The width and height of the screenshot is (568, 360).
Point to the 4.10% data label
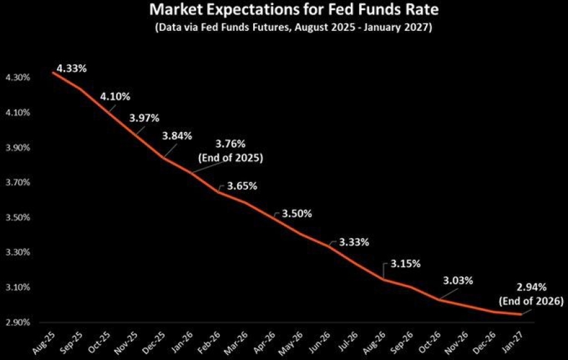[x=115, y=97]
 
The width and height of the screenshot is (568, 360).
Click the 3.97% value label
[x=145, y=117]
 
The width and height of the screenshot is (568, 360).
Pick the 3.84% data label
[x=177, y=136]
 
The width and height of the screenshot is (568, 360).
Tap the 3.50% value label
[x=297, y=213]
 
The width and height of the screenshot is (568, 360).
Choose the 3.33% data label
[x=354, y=242]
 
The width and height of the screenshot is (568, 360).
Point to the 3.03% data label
[x=458, y=280]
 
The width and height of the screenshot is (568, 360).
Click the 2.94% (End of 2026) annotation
[x=531, y=295]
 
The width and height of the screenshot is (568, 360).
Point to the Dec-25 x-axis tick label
[x=154, y=342]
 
